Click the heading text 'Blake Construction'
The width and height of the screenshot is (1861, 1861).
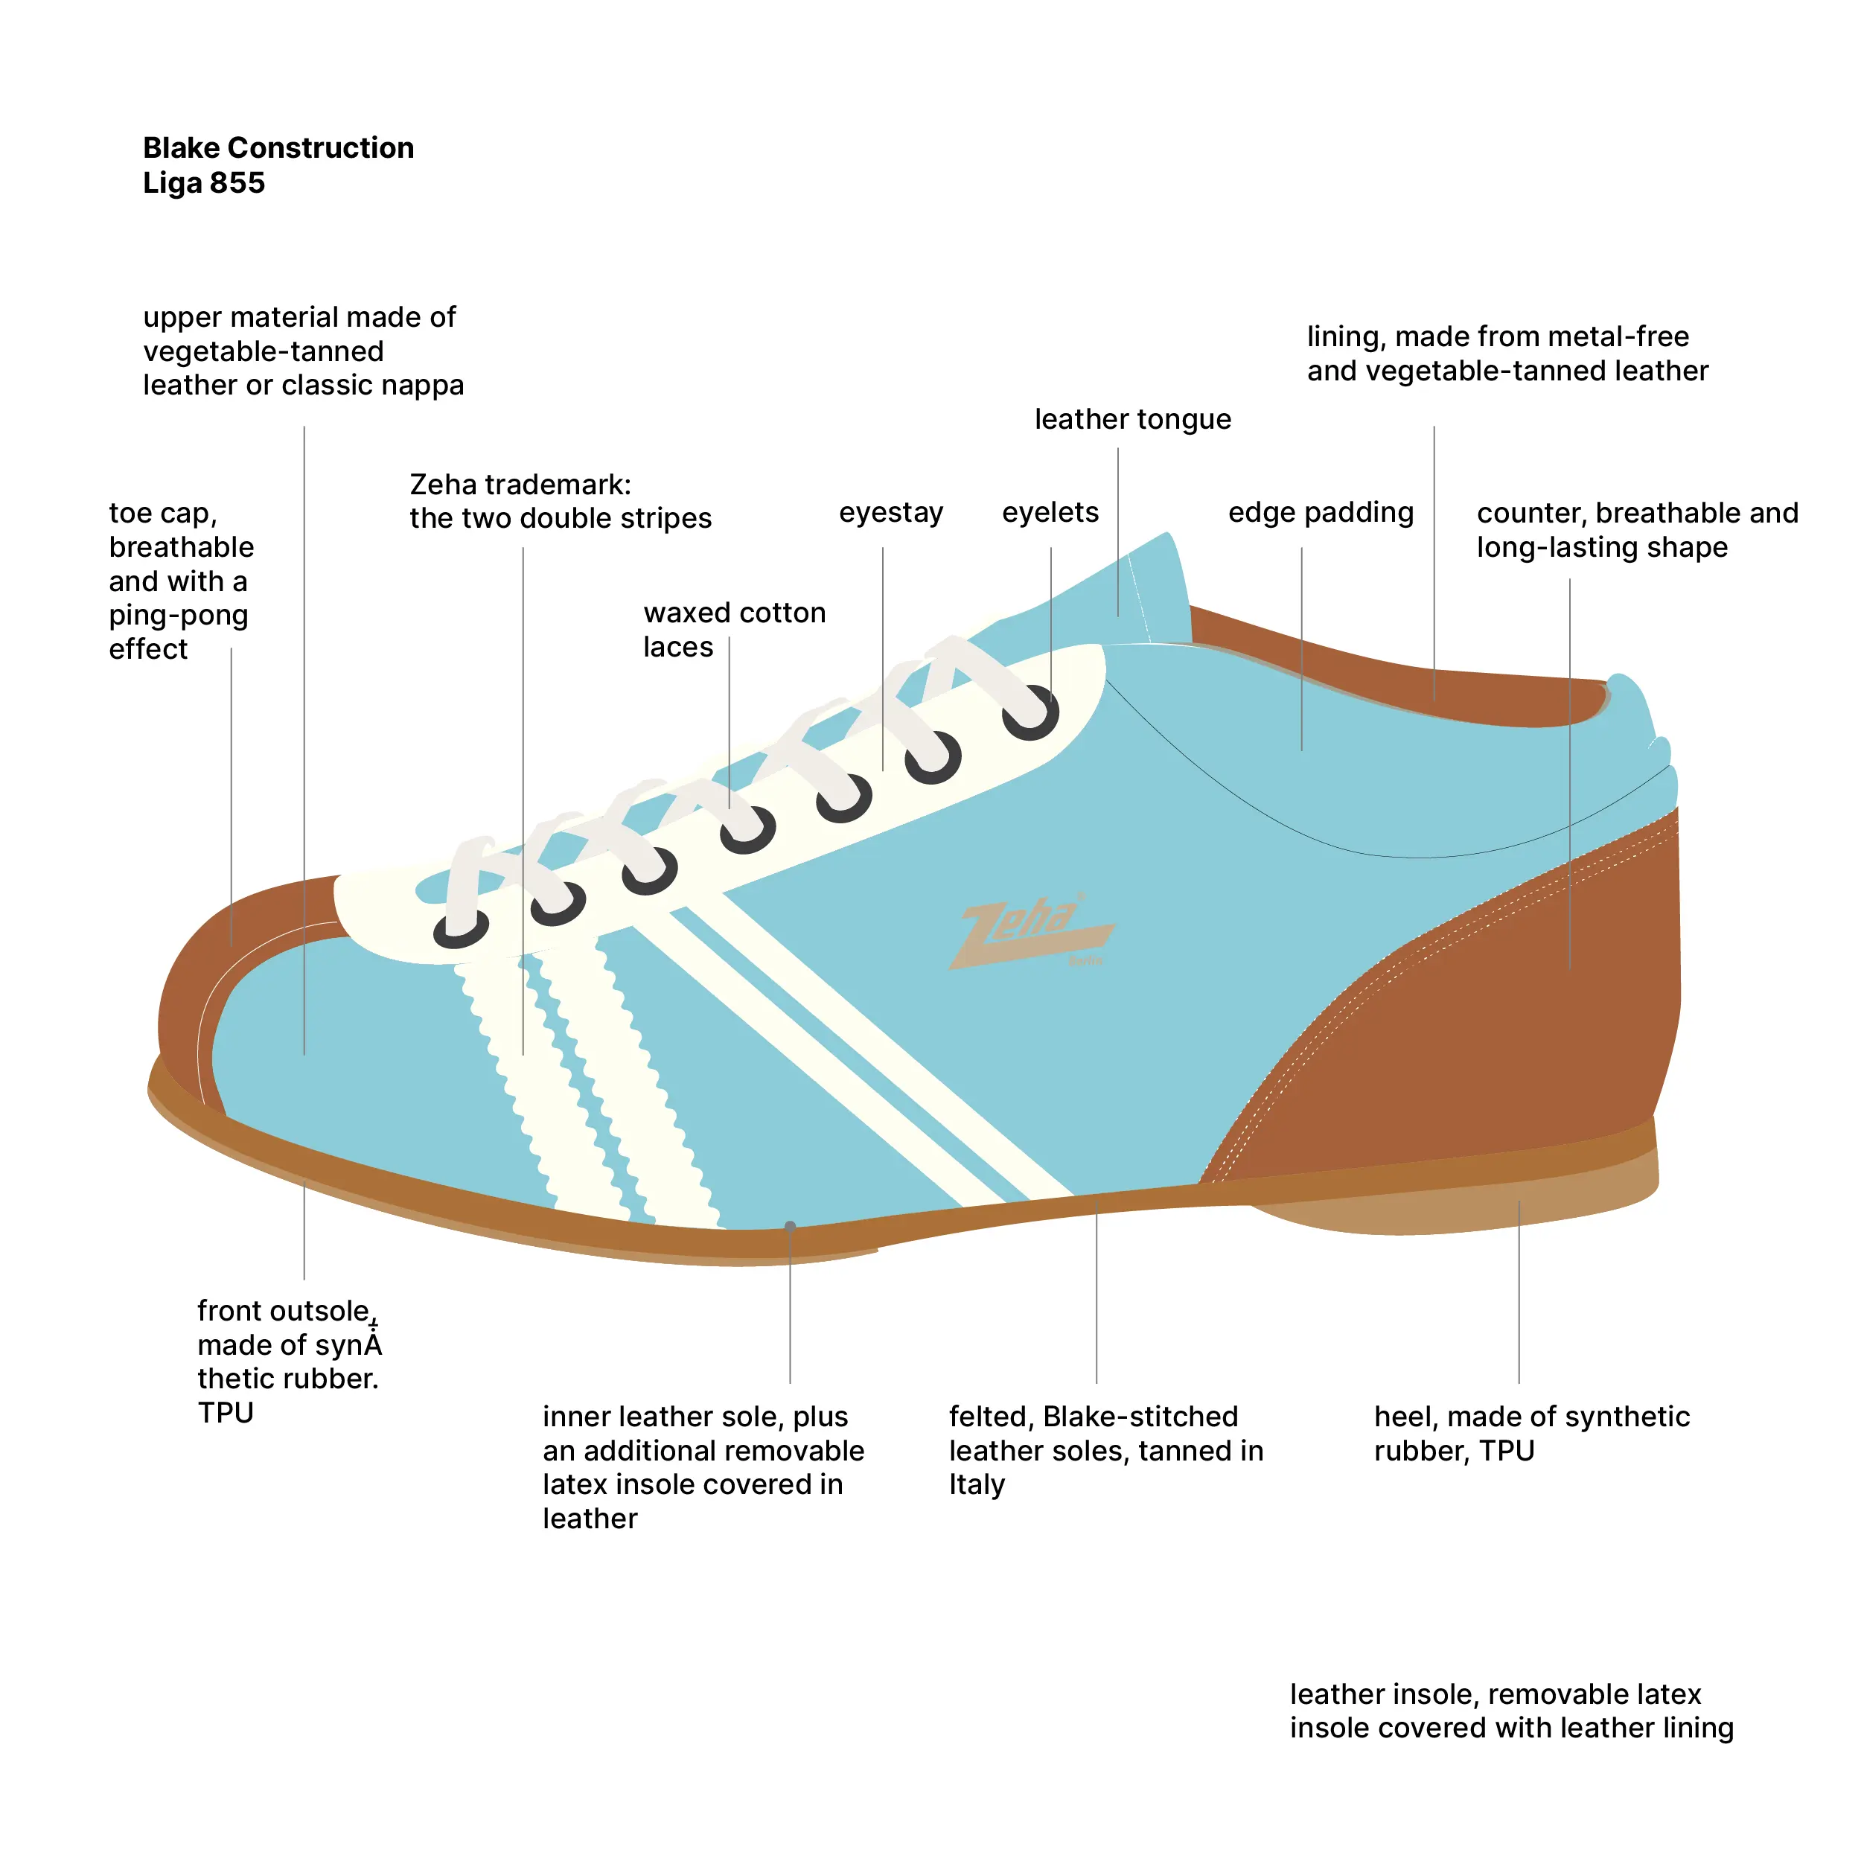click(278, 147)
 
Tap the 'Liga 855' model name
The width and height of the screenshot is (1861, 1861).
click(203, 183)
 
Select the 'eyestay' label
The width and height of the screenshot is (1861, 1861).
click(890, 512)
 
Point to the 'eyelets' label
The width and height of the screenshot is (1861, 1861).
click(1050, 512)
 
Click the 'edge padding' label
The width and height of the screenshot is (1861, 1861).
click(1320, 512)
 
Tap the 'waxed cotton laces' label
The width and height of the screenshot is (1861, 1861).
click(734, 629)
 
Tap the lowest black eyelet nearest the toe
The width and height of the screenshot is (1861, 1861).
click(461, 930)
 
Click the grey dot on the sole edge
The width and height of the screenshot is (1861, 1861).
click(790, 1226)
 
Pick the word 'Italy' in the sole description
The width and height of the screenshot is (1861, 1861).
click(976, 1484)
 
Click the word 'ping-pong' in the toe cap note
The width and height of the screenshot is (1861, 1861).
click(178, 615)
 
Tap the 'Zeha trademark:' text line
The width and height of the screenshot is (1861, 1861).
click(520, 484)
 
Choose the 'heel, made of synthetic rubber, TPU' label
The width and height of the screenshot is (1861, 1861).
click(1530, 1433)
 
